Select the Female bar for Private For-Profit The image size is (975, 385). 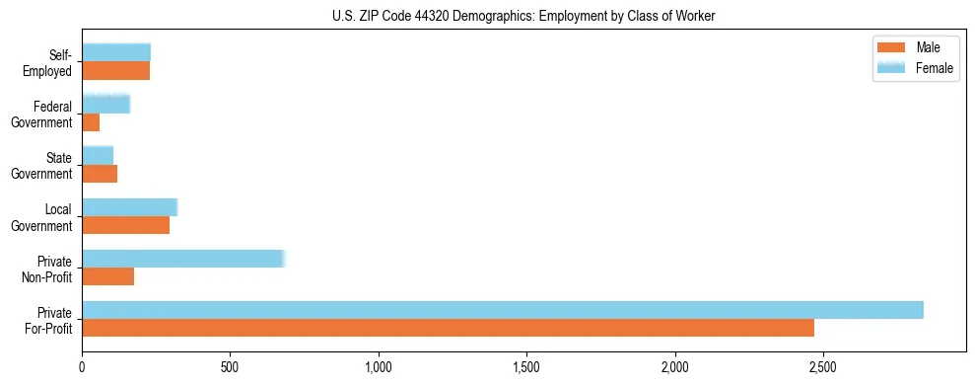coord(503,310)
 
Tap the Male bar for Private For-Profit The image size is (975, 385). coord(449,328)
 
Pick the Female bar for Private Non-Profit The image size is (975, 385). coord(183,259)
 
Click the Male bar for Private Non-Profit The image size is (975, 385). coord(108,276)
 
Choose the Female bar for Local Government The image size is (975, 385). coord(130,207)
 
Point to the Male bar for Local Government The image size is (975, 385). coord(126,225)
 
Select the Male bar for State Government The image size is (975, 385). coord(100,174)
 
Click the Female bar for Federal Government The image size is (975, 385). coord(106,105)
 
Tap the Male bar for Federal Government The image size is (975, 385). coord(91,122)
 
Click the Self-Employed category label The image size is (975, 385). coord(52,63)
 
